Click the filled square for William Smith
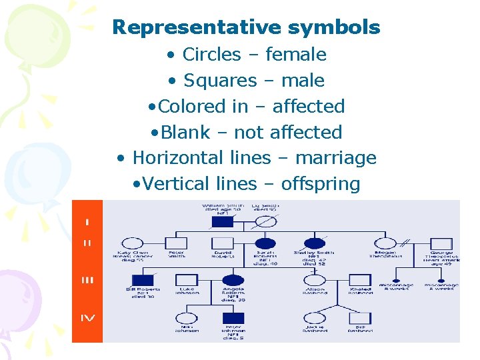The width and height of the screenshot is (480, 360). click(x=222, y=221)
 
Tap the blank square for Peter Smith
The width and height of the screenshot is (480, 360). click(x=176, y=244)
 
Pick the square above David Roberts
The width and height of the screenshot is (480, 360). click(x=223, y=244)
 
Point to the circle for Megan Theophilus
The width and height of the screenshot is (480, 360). click(x=385, y=244)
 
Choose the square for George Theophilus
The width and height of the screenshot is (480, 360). click(x=441, y=244)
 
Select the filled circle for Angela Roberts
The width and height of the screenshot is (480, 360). click(x=233, y=280)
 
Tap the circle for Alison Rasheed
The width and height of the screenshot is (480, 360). click(x=315, y=280)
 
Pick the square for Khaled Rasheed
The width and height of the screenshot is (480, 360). click(x=360, y=280)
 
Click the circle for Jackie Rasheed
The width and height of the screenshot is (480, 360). click(x=315, y=318)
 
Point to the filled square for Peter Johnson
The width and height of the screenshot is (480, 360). click(x=233, y=318)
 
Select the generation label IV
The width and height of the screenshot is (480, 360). click(x=87, y=318)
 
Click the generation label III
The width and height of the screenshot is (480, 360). click(x=87, y=280)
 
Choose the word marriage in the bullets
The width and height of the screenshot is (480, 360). click(x=337, y=158)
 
